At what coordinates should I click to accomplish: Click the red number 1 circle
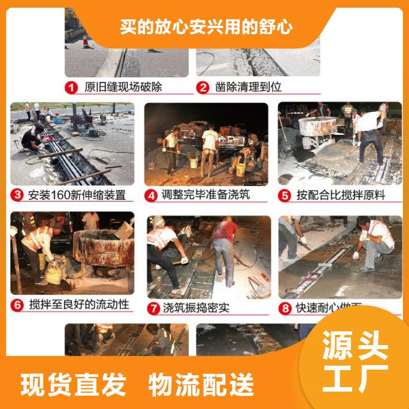[72, 87]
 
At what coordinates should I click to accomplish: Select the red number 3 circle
[18, 195]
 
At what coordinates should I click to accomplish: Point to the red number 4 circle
[151, 195]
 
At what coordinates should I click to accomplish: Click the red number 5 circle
[285, 195]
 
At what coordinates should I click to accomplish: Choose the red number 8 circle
[285, 308]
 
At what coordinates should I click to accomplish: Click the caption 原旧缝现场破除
[123, 87]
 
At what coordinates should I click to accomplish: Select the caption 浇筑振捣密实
[196, 308]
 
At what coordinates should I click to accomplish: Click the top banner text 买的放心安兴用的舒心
[207, 26]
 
